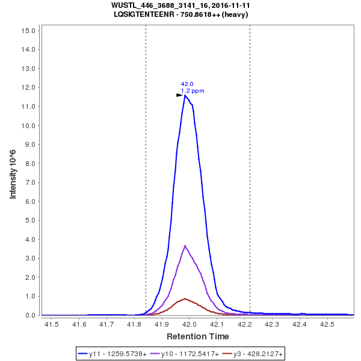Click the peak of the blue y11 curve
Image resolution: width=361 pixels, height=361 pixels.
click(x=185, y=95)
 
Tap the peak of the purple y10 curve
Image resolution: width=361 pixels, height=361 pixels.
click(x=185, y=245)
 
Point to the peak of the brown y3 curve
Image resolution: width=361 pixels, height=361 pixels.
click(x=185, y=298)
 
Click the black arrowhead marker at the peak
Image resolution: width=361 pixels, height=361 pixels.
click(x=179, y=95)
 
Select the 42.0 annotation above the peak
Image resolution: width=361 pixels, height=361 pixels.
click(x=187, y=84)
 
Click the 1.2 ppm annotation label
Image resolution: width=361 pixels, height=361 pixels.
click(x=193, y=91)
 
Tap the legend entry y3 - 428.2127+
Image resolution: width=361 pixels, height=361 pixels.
click(x=253, y=354)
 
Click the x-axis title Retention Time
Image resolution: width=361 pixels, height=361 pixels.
click(x=197, y=336)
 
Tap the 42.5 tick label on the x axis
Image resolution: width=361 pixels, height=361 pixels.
click(x=327, y=325)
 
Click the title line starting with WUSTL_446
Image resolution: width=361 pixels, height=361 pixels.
click(x=180, y=5)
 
